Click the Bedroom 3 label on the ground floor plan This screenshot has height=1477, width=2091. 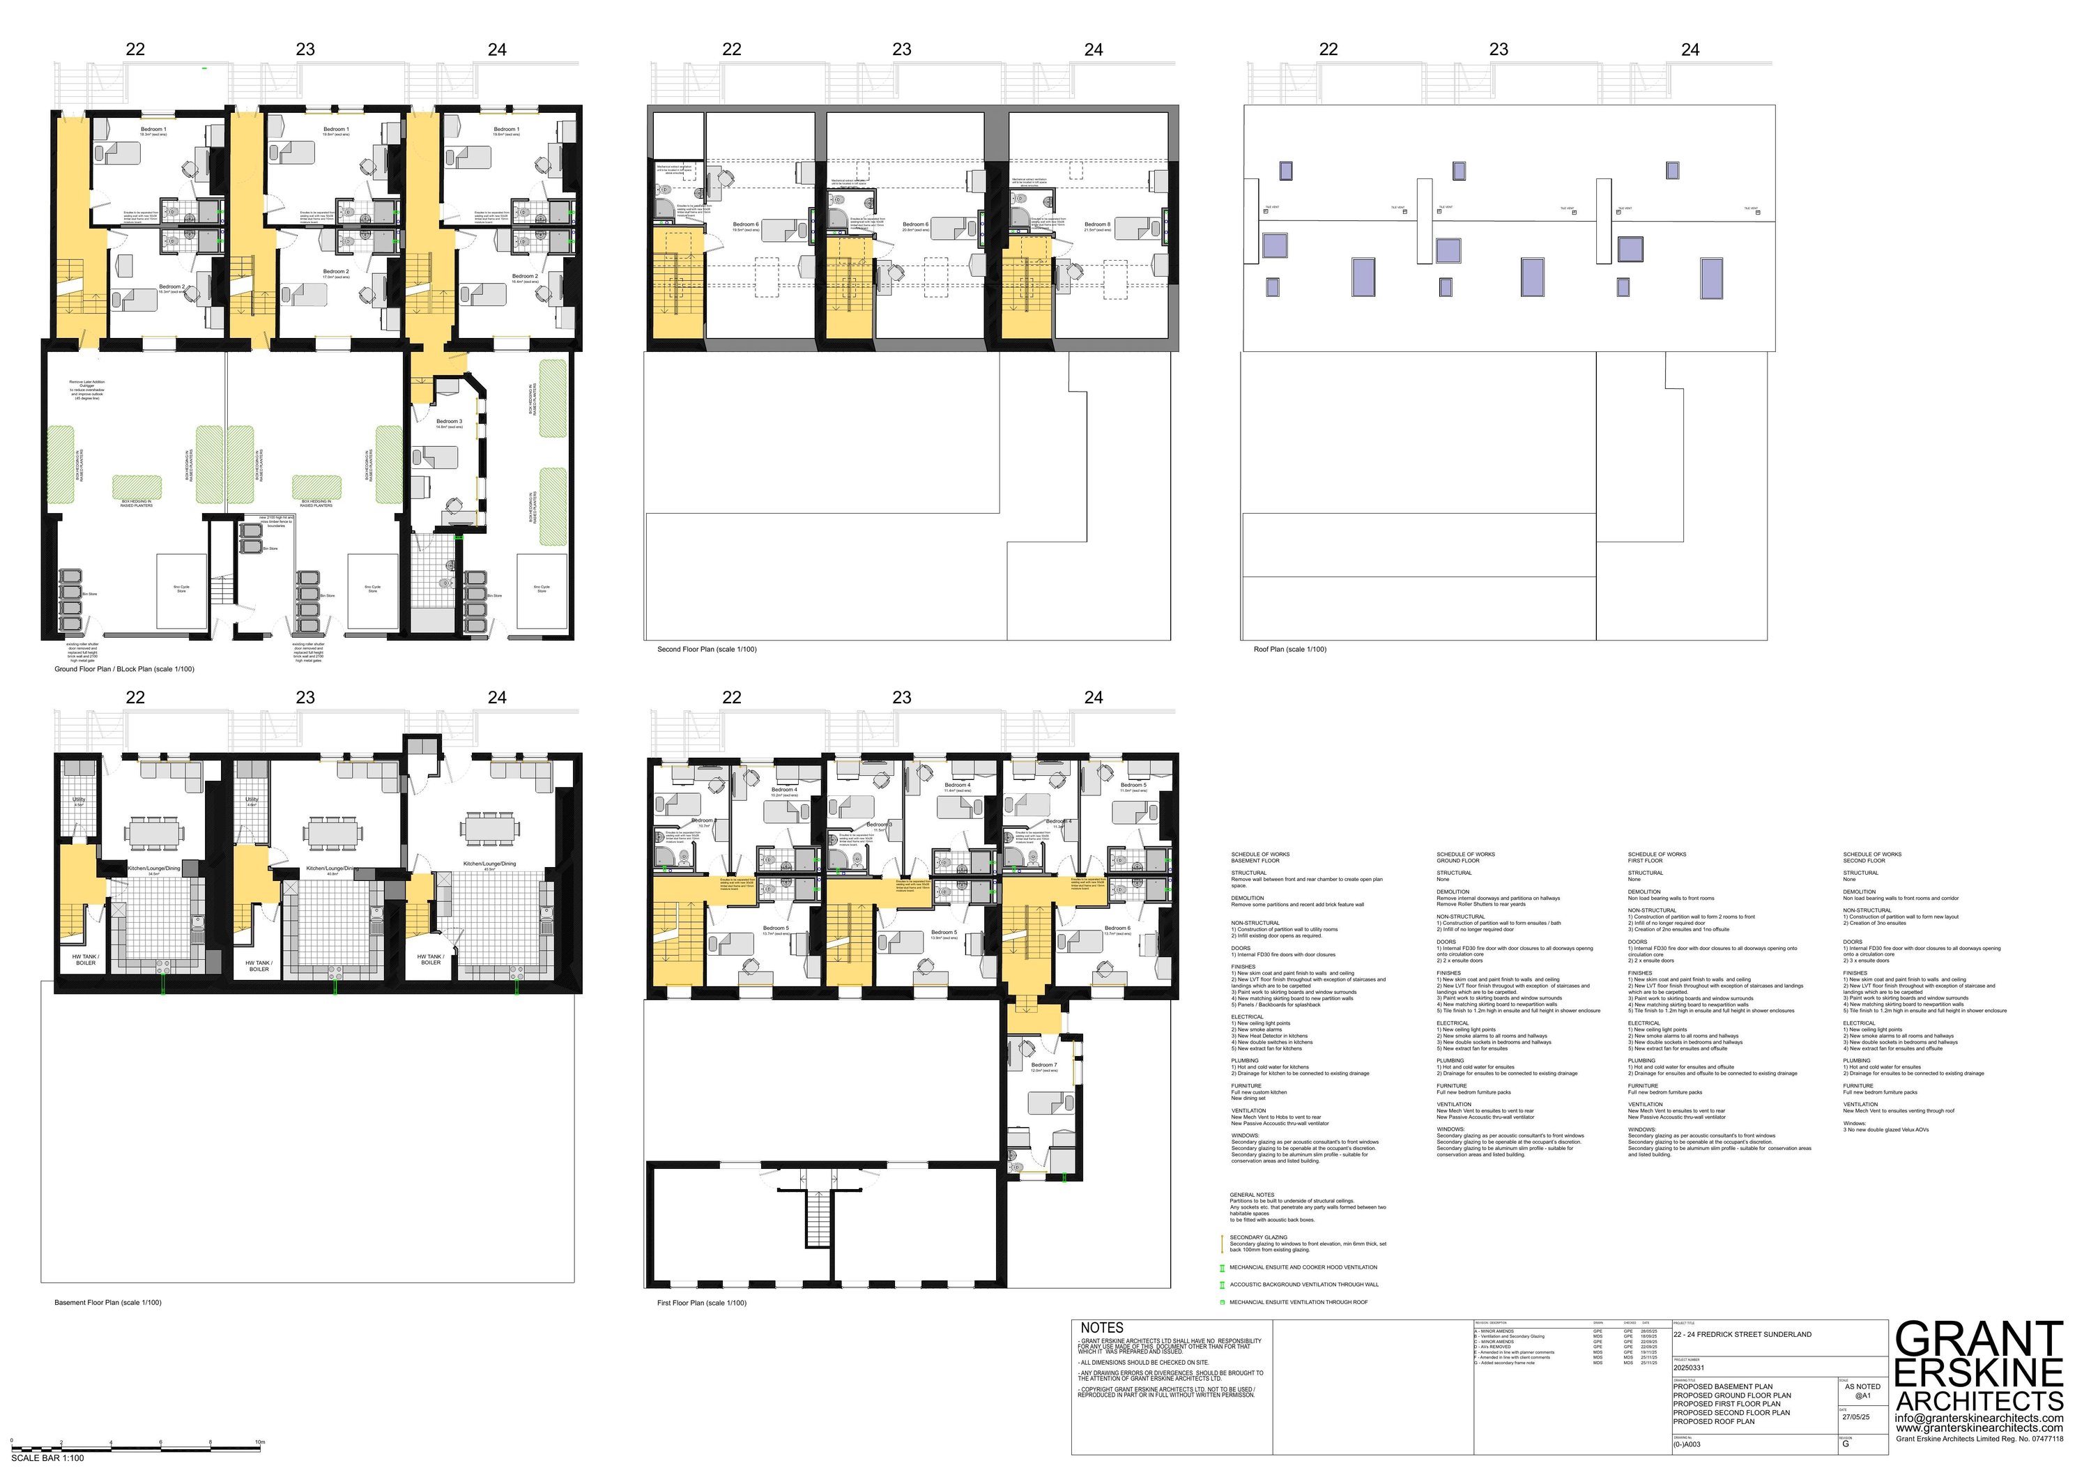coord(448,422)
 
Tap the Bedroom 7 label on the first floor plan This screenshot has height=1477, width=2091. coord(1043,1064)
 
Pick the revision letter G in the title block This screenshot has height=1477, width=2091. coord(1846,1444)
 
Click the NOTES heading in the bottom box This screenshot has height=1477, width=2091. coord(1102,1328)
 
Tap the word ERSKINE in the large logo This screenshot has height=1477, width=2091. coord(1978,1372)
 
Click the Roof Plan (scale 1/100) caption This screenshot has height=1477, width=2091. coord(1289,649)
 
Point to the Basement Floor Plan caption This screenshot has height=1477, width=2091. coord(107,1302)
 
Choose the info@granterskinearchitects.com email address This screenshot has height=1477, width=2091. coord(1979,1418)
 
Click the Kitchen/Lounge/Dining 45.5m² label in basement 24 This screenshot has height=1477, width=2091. coord(489,864)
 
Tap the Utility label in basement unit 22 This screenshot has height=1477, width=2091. coord(78,799)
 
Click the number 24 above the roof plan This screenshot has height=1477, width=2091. coord(1690,49)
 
